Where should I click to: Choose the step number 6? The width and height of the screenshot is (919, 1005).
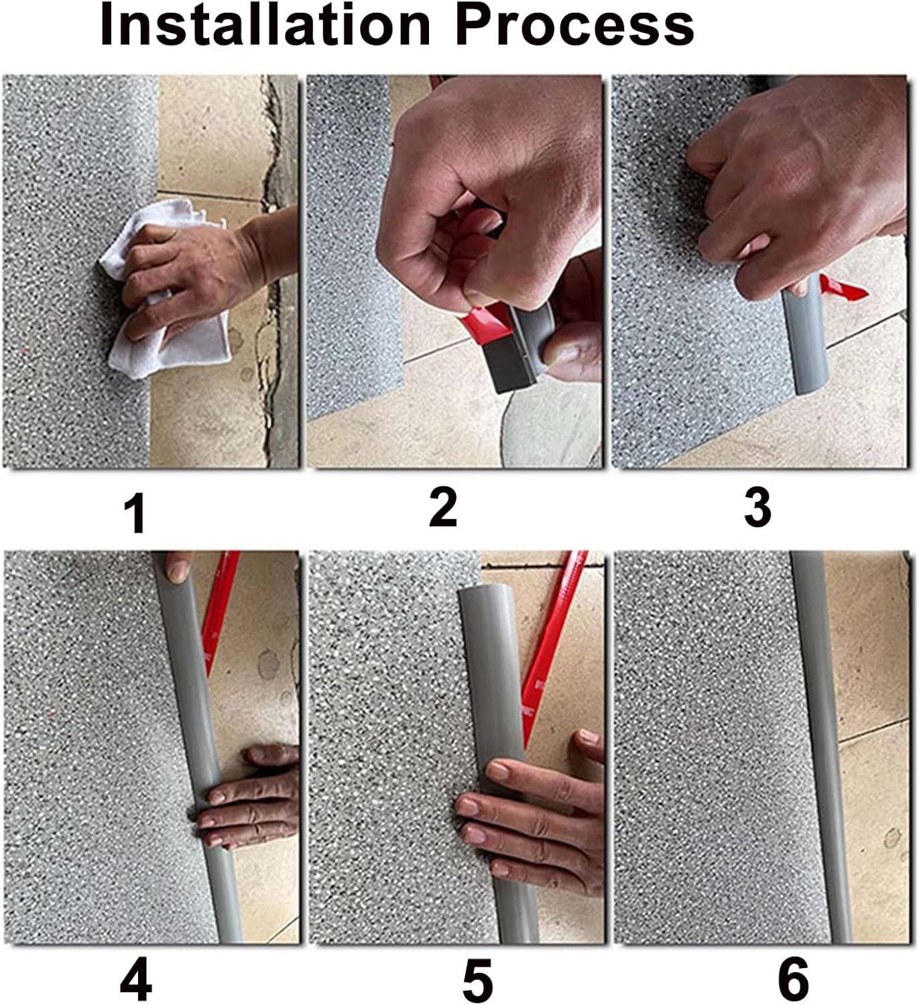[793, 980]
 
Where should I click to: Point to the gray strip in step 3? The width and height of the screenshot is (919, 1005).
[808, 342]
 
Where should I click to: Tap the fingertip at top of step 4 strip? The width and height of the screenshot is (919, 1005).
[178, 569]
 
